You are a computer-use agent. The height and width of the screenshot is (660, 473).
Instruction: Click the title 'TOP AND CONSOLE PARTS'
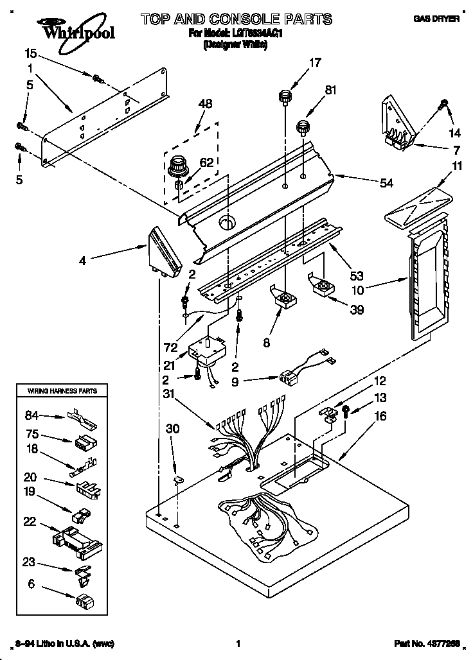236,19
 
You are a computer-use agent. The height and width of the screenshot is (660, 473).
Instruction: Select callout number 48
205,103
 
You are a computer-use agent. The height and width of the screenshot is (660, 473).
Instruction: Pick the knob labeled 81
302,126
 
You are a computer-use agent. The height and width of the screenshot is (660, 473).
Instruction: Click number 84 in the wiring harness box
32,414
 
